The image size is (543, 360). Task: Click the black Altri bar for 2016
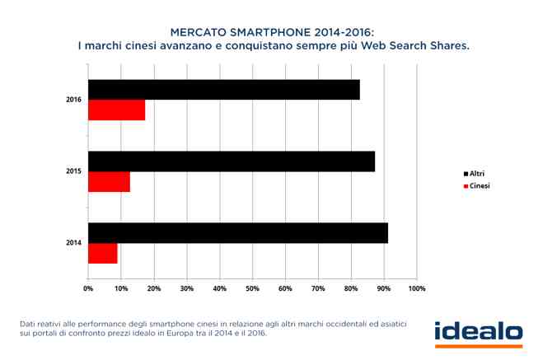point(223,90)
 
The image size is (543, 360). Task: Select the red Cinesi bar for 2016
point(116,110)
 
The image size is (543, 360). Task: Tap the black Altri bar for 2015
point(231,161)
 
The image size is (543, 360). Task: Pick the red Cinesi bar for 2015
point(109,182)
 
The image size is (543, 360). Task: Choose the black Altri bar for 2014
point(237,233)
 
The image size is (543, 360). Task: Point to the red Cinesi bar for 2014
point(103,254)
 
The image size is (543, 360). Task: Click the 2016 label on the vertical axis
point(73,100)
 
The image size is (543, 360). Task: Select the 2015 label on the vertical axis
point(73,171)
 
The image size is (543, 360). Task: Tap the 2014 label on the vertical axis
point(73,243)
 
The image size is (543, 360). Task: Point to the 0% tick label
point(88,288)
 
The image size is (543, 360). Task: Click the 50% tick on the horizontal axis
point(252,288)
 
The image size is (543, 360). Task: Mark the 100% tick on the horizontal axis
point(416,288)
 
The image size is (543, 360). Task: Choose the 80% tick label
point(351,288)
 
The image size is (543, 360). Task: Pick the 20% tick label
point(154,288)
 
